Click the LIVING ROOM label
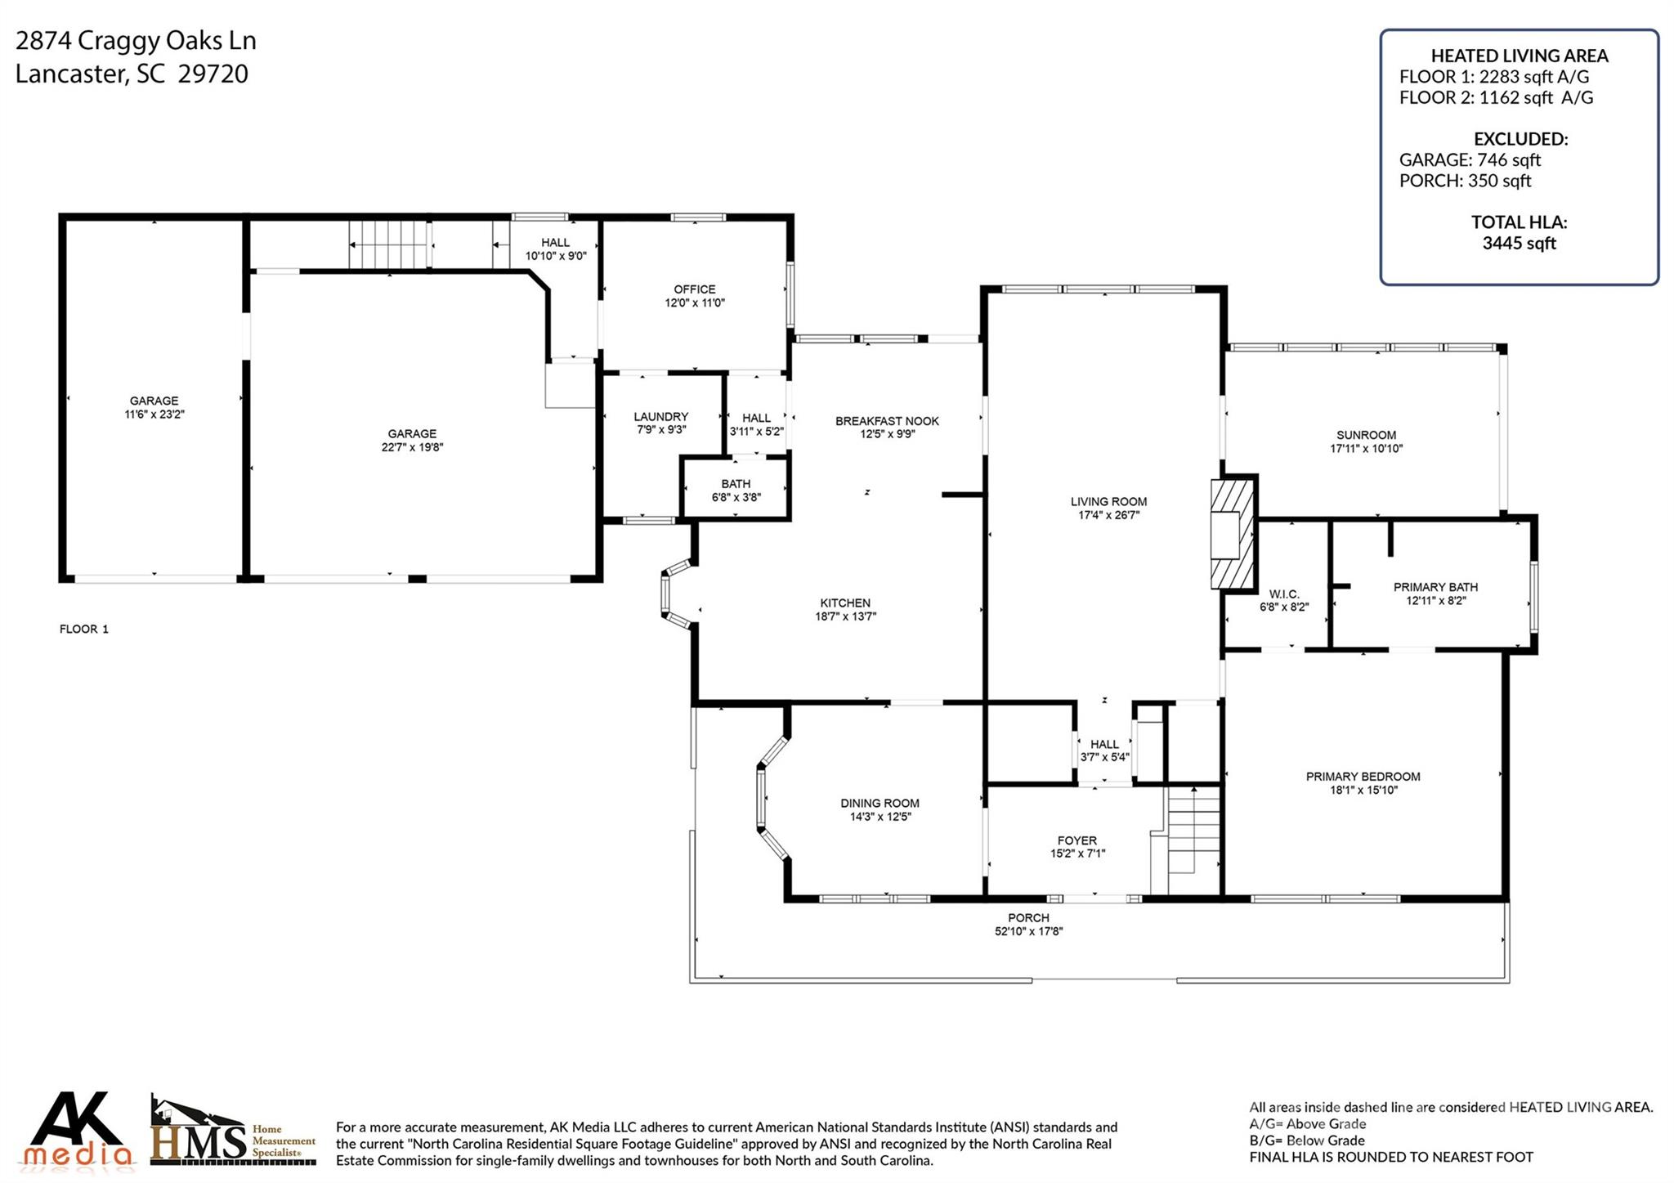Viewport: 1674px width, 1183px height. tap(1108, 501)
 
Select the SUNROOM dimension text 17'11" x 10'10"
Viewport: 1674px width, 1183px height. tap(1366, 448)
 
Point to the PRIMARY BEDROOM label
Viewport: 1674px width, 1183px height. tap(1363, 776)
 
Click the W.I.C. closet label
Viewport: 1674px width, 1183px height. tap(1284, 594)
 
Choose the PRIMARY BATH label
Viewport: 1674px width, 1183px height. tap(1435, 586)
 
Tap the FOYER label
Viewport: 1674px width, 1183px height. tap(1076, 840)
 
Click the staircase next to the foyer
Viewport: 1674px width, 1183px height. tap(1193, 840)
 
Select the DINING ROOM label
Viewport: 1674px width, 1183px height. tap(880, 803)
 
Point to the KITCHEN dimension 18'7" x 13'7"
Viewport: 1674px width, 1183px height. tap(845, 616)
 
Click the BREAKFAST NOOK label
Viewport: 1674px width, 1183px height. tap(887, 421)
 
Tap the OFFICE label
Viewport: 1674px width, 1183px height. tap(694, 289)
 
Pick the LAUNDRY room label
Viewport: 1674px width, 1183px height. tap(661, 416)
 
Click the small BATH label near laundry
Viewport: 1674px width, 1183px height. tap(736, 483)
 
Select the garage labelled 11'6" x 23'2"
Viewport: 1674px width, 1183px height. tap(154, 407)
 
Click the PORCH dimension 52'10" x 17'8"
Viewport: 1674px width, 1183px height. tap(1028, 931)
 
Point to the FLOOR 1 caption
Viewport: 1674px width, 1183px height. tap(84, 629)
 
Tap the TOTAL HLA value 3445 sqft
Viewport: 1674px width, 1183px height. tap(1519, 243)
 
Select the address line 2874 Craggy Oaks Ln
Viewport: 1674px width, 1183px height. tap(136, 41)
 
